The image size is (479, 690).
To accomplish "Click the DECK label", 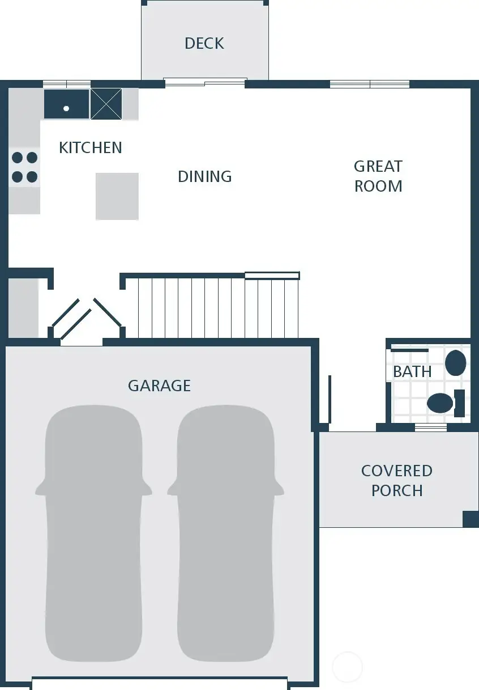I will coord(204,44).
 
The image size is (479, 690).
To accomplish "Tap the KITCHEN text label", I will coord(91,148).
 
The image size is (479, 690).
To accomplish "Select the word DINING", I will coord(204,176).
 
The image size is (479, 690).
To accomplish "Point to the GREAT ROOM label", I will coord(378,176).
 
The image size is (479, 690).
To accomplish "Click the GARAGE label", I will coord(159,386).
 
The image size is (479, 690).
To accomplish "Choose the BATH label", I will coord(412,372).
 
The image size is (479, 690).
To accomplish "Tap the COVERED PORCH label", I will coord(397,481).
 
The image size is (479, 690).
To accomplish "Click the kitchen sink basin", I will coord(67,104).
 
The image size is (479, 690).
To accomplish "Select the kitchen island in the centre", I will coord(117,196).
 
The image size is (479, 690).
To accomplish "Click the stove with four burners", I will coord(24,167).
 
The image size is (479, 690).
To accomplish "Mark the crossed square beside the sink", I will coord(106,104).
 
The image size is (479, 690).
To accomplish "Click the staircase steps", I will coord(218,306).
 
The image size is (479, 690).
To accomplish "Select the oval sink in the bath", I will coord(455,363).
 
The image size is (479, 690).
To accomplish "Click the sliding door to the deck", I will coord(205,83).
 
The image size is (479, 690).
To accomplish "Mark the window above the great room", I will coord(370,84).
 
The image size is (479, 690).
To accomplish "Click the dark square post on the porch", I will coord(471,519).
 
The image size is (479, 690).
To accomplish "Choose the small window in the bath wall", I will coord(431,427).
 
